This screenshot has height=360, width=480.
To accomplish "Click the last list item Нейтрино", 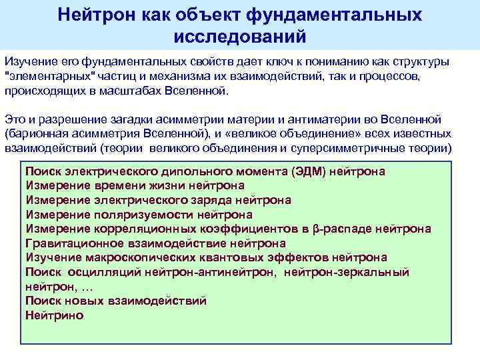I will point(54,315).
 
